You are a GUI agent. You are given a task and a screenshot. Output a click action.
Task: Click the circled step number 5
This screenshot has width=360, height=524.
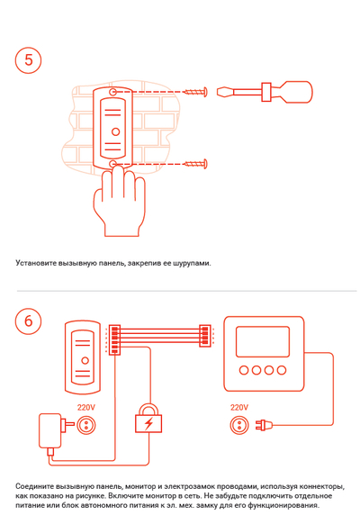[29, 60]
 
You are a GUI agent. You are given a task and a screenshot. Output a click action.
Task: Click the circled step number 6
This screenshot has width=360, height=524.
[29, 321]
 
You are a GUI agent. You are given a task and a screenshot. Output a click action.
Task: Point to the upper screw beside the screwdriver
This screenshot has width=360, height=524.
[195, 91]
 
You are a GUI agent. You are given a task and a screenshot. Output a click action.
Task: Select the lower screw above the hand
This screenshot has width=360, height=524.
[195, 164]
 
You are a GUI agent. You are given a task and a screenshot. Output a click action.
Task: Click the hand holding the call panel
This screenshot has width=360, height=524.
[119, 203]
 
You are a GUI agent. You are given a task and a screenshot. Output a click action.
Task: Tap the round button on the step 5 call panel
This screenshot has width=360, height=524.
[115, 131]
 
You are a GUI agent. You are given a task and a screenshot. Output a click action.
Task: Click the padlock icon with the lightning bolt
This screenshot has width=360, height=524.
[148, 419]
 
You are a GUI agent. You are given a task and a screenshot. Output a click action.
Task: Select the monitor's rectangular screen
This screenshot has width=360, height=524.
[263, 341]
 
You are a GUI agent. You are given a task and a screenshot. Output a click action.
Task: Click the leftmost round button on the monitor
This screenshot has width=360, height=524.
[244, 370]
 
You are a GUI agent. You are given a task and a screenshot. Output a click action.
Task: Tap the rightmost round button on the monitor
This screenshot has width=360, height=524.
[282, 370]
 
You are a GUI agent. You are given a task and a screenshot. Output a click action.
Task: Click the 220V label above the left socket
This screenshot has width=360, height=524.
[86, 407]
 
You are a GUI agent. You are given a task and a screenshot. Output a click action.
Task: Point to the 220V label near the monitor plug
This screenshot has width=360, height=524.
[239, 407]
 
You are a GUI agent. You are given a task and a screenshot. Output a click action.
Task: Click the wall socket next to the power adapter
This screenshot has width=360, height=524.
[86, 425]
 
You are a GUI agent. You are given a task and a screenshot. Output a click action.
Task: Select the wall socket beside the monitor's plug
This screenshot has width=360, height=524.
[239, 426]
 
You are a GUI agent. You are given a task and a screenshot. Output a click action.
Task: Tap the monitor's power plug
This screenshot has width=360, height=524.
[264, 425]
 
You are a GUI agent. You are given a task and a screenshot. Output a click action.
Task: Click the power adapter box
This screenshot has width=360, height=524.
[50, 430]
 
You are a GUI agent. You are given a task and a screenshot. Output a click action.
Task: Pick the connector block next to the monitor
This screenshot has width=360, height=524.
[204, 336]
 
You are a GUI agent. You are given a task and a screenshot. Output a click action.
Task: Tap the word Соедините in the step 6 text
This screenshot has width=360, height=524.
[35, 486]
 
